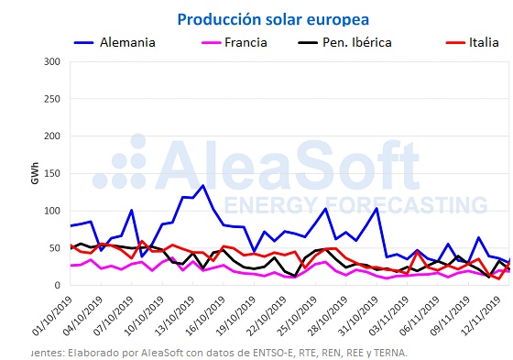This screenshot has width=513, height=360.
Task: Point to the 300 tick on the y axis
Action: tap(51, 61)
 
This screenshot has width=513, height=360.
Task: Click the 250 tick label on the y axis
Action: tap(51, 99)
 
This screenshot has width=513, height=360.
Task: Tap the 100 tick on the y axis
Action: tap(51, 211)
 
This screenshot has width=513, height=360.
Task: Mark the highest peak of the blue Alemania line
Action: tap(202, 186)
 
